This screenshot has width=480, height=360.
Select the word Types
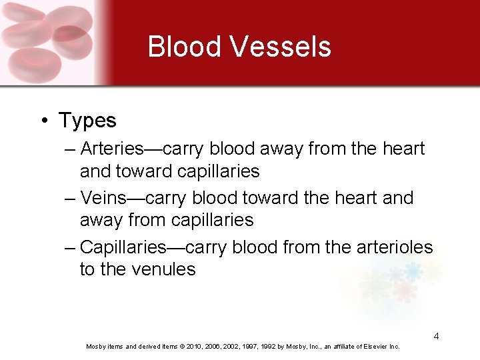[87, 121]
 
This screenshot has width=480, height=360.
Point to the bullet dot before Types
[43, 121]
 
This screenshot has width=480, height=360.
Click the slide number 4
[436, 336]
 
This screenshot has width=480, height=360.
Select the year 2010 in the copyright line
[191, 347]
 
